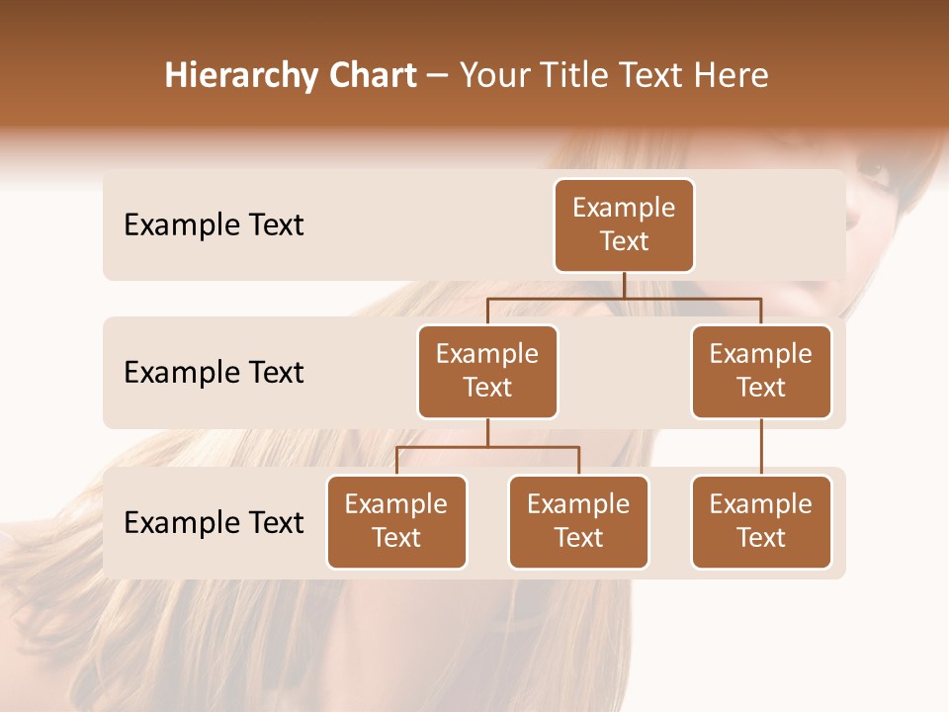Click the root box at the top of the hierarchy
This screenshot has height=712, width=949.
(624, 224)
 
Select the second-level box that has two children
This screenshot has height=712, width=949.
(487, 371)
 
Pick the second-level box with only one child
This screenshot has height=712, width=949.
(761, 371)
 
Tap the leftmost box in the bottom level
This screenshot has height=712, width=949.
(396, 521)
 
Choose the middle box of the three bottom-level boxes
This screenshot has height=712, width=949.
(578, 521)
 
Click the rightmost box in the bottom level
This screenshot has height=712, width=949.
(761, 521)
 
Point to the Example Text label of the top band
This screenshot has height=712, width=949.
(214, 225)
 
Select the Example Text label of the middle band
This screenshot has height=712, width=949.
(214, 373)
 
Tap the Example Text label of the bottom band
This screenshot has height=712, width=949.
(214, 523)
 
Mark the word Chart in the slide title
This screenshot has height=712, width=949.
(370, 76)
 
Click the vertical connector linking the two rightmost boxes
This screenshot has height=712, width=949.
(761, 447)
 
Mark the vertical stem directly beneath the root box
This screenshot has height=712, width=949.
(624, 285)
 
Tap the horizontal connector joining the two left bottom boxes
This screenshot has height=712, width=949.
(487, 447)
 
